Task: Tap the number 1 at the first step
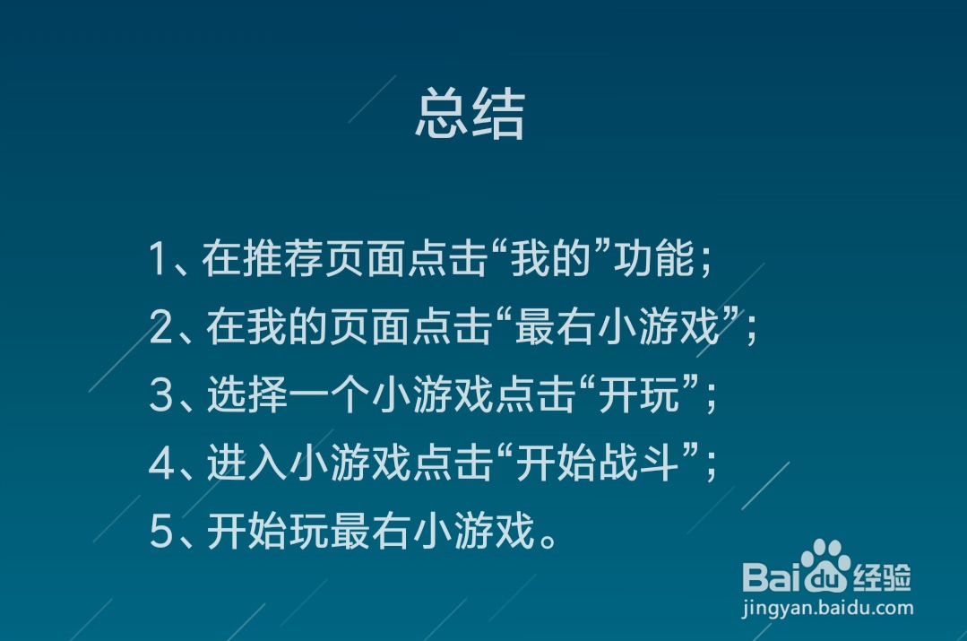point(159,260)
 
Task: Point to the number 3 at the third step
point(160,396)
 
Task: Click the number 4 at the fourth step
point(160,464)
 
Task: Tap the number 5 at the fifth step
point(160,533)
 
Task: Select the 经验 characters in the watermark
point(881,576)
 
